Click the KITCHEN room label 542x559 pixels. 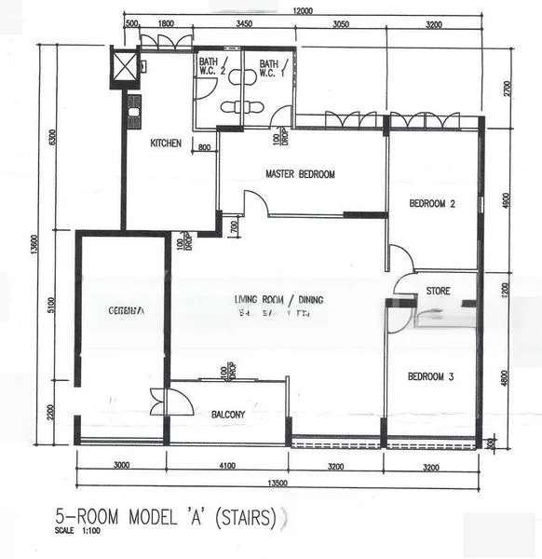tap(166, 143)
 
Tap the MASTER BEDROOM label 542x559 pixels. tap(300, 174)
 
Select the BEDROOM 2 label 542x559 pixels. tap(432, 204)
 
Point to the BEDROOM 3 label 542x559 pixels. tap(431, 376)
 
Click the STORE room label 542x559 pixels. tap(438, 292)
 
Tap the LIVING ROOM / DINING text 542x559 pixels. tap(278, 300)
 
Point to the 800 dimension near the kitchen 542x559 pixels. tap(204, 147)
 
